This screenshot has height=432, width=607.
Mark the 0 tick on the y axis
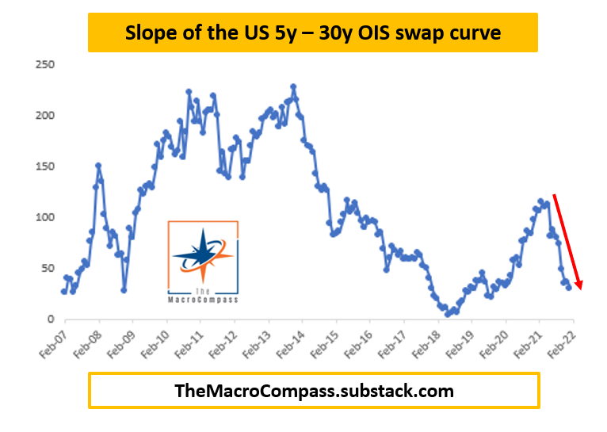click(50, 319)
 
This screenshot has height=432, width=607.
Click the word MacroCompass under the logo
click(203, 300)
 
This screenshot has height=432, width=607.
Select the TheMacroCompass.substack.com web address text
click(314, 390)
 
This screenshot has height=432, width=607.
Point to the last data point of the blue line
click(568, 287)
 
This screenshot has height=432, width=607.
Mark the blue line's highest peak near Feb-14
click(293, 86)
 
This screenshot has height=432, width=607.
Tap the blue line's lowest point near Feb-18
click(448, 315)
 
